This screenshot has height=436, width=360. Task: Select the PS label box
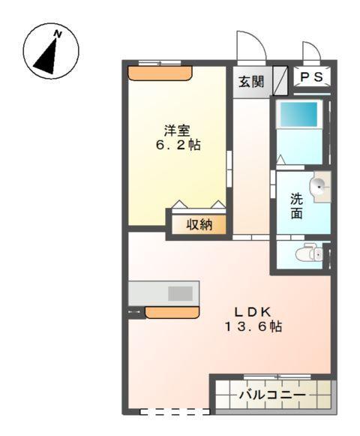tap(310, 77)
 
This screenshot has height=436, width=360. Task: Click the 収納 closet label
tap(199, 224)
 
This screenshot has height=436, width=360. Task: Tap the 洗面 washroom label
tap(297, 206)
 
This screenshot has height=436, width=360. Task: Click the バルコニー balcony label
tap(271, 394)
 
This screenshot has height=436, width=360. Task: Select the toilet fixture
tap(310, 255)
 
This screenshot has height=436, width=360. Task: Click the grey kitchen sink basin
tap(180, 293)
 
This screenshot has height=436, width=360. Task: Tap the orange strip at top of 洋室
tap(160, 73)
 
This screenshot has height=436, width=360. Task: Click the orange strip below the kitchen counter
tap(172, 311)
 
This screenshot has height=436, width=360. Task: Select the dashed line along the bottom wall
tap(175, 411)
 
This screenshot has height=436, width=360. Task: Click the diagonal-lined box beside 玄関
tap(280, 79)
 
